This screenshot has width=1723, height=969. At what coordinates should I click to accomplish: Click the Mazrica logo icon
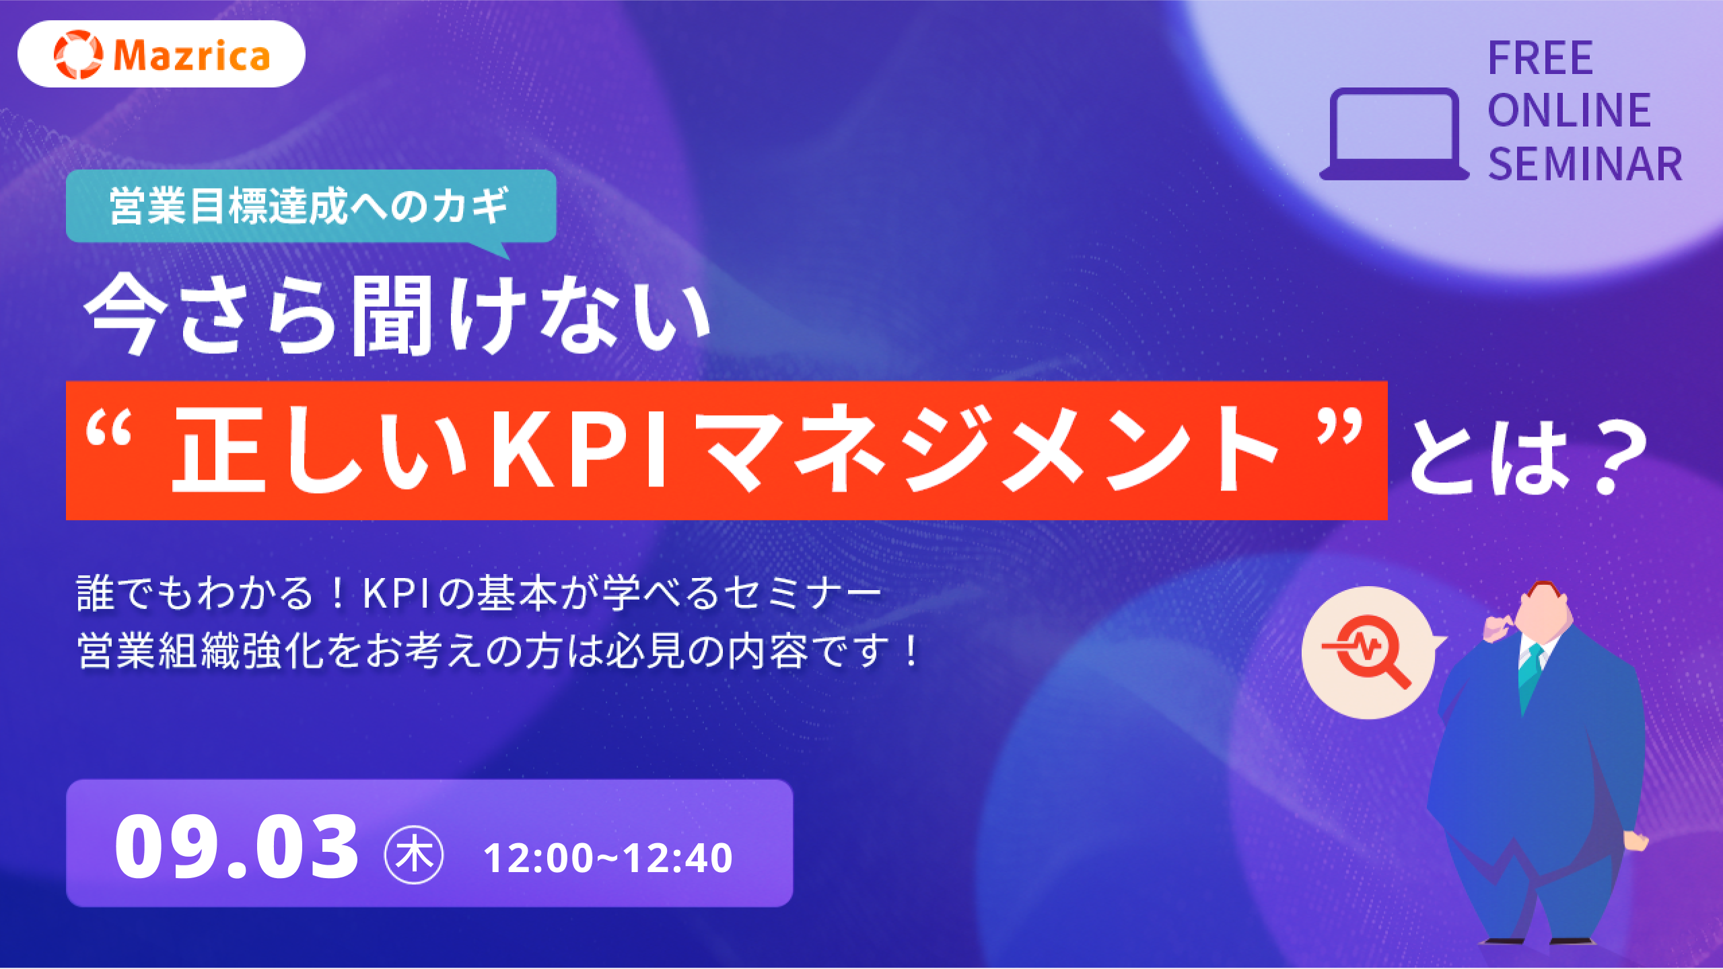point(78,55)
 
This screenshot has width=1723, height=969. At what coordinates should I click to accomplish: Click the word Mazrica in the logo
point(192,55)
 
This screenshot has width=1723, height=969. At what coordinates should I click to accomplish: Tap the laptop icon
point(1394,134)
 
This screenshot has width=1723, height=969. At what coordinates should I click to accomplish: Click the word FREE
point(1541,59)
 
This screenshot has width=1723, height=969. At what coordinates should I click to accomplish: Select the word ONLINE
point(1570,111)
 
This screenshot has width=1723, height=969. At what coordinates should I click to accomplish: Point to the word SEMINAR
point(1585,164)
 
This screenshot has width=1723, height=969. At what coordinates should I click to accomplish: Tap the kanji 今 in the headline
point(126,314)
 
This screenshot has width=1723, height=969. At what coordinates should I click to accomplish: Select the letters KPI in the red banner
point(579,447)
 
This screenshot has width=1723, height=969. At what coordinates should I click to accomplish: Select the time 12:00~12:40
point(608,858)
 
